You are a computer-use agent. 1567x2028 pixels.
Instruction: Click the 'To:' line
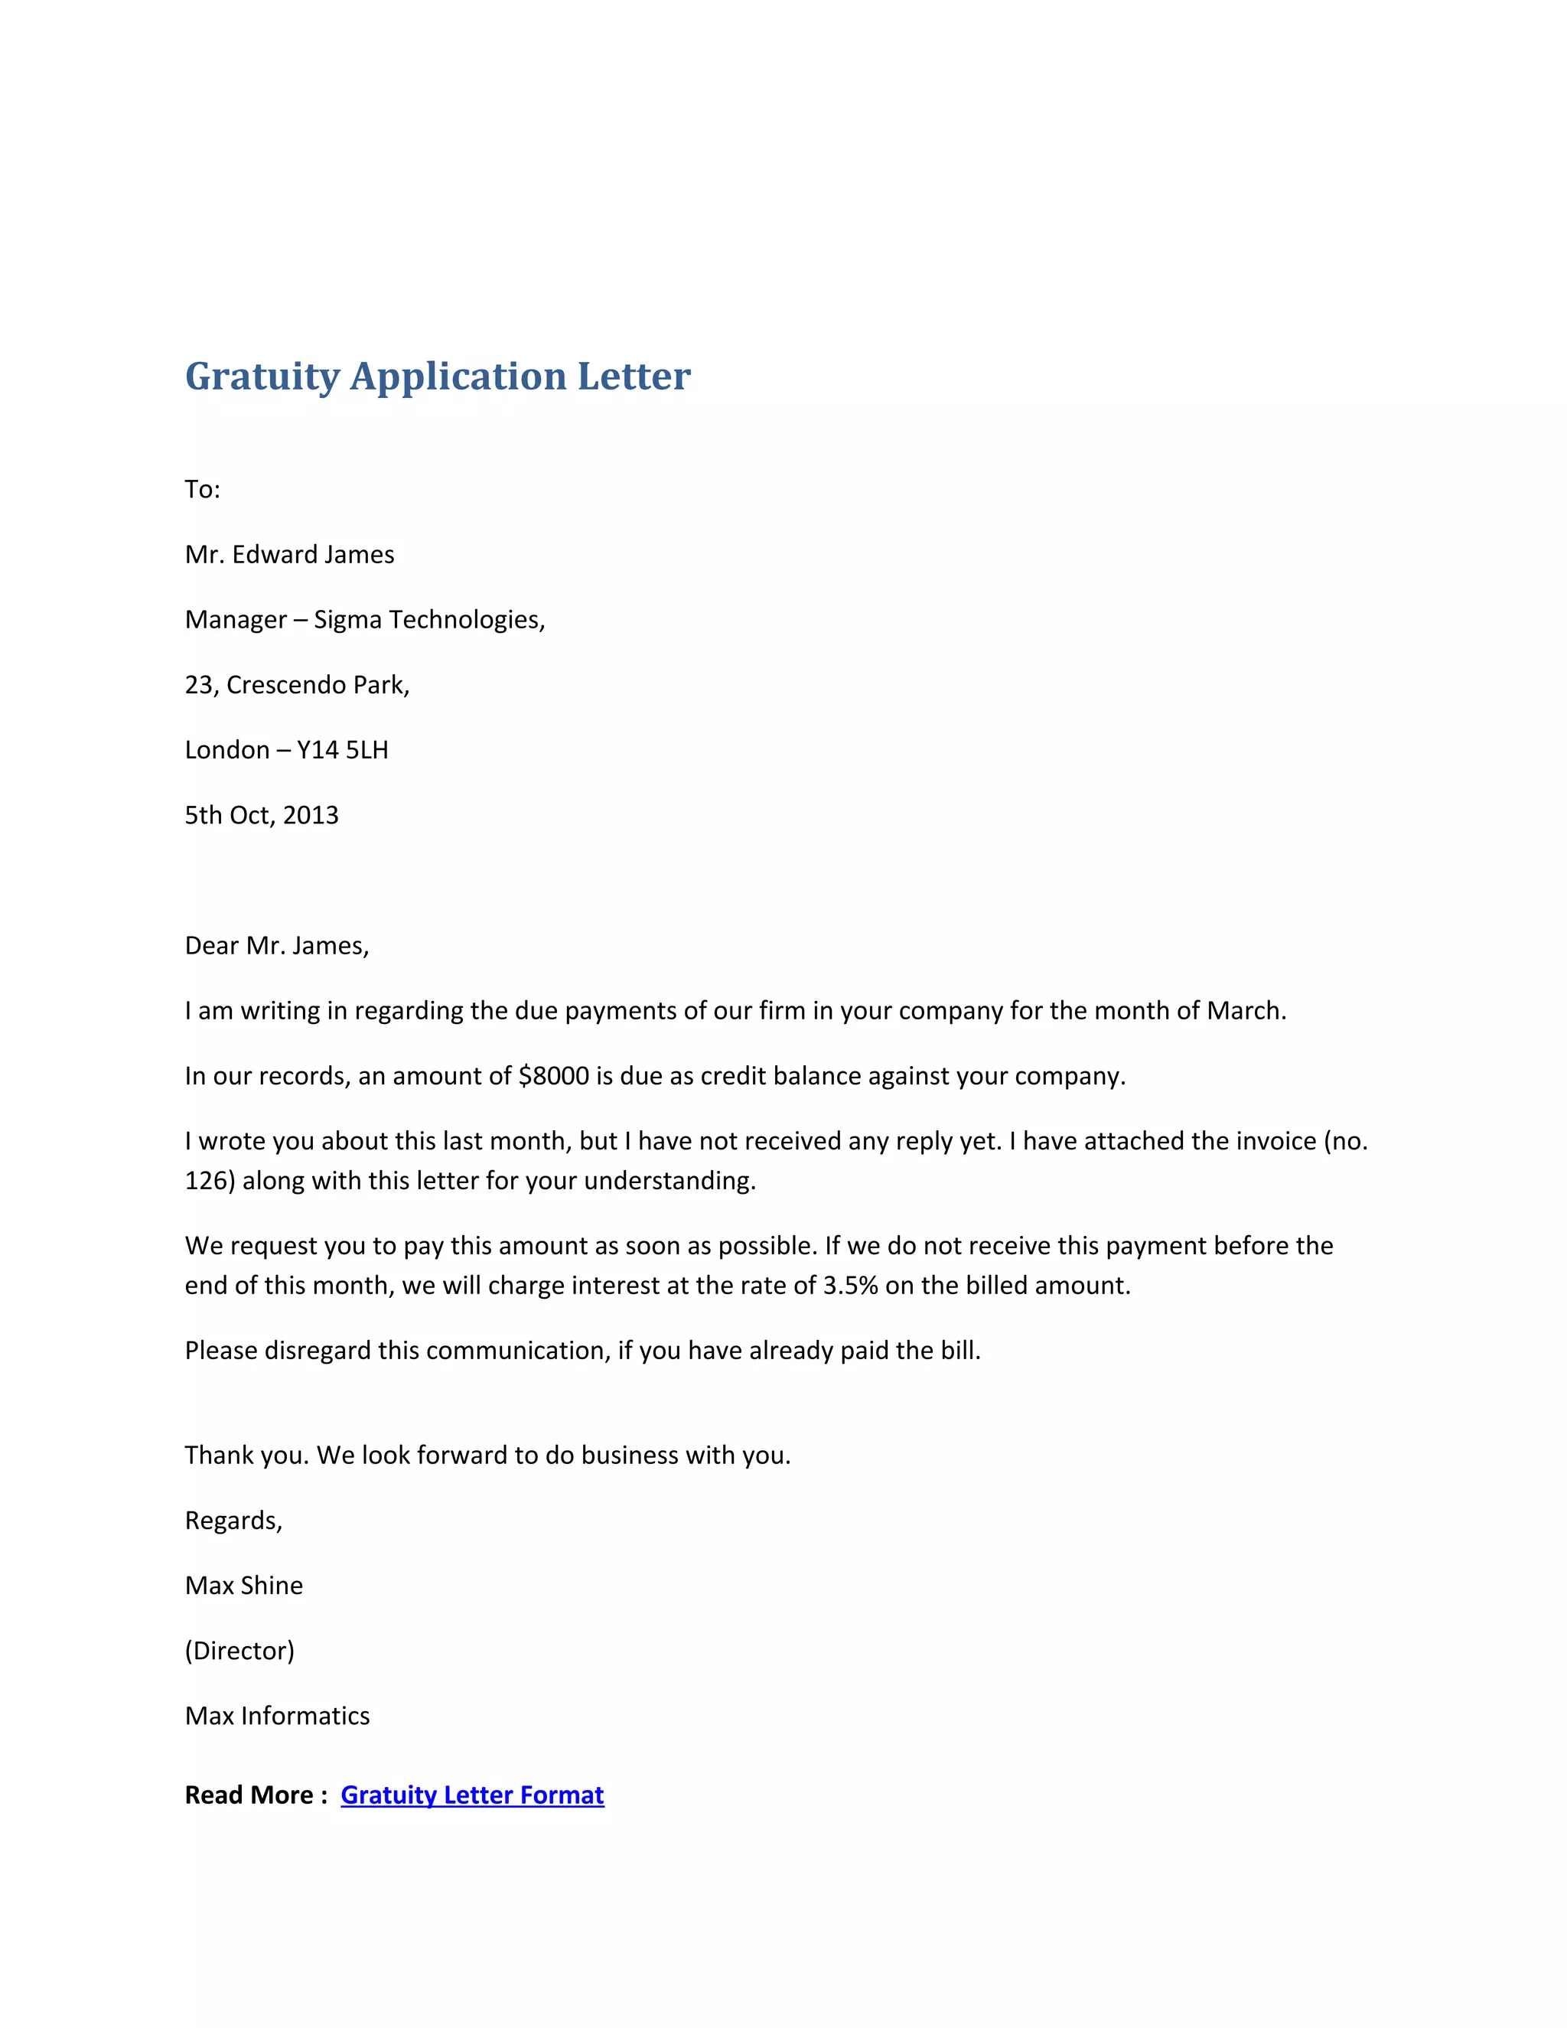pyautogui.click(x=202, y=489)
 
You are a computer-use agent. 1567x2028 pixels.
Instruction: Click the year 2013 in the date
pyautogui.click(x=310, y=815)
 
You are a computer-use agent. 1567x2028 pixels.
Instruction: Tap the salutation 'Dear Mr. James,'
pyautogui.click(x=277, y=945)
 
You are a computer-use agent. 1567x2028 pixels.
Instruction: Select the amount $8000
pyautogui.click(x=553, y=1075)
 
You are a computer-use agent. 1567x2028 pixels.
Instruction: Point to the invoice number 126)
pyautogui.click(x=210, y=1180)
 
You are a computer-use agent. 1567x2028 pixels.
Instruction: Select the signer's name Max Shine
pyautogui.click(x=243, y=1585)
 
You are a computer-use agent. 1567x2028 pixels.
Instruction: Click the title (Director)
pyautogui.click(x=239, y=1650)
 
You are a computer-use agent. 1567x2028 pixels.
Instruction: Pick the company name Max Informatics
pyautogui.click(x=277, y=1715)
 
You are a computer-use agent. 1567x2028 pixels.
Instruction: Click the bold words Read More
pyautogui.click(x=249, y=1795)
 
